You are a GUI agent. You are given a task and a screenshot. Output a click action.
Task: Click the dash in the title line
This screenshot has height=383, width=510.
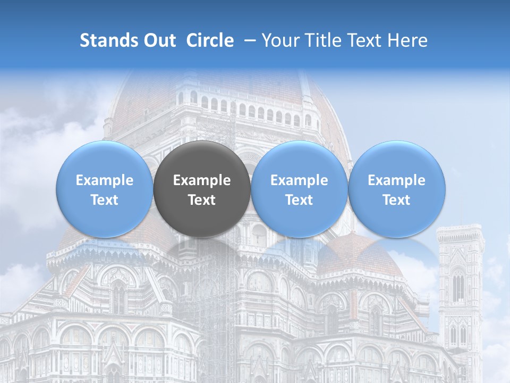(248, 40)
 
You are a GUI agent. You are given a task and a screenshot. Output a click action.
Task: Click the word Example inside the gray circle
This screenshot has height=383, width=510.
(202, 180)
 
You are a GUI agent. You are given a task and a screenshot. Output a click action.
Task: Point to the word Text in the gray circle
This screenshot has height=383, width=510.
(202, 200)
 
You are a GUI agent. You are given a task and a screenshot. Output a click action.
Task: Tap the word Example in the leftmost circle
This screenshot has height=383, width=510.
(104, 180)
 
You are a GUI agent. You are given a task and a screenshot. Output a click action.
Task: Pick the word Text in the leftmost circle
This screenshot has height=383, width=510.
(104, 200)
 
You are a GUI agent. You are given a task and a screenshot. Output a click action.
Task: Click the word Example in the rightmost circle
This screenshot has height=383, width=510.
(397, 180)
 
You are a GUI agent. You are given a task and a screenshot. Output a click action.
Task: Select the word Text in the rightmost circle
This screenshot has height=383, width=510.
(397, 200)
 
